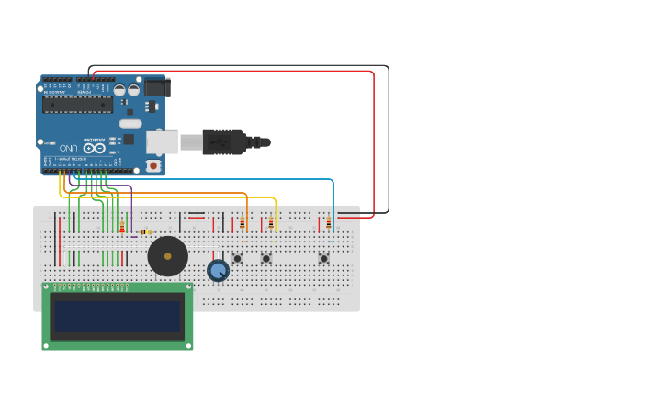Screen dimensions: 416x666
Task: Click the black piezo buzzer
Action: [167, 256]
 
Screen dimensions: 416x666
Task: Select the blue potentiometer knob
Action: [218, 270]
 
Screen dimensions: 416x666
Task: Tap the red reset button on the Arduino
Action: [152, 166]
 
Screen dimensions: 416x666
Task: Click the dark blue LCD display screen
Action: [118, 317]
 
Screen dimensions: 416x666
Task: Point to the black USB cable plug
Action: [226, 142]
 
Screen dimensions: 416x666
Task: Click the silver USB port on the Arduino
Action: [162, 142]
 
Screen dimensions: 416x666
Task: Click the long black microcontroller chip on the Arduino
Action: [77, 105]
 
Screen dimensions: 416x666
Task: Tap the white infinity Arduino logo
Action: [95, 148]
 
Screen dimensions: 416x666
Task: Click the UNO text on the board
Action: [69, 148]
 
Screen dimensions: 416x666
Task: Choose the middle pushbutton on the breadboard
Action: [266, 258]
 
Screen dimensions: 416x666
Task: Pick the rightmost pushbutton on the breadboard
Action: [323, 258]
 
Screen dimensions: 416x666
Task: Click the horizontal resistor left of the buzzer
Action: [144, 232]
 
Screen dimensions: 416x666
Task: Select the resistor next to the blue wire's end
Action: [328, 222]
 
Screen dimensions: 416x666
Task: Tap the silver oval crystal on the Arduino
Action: [130, 123]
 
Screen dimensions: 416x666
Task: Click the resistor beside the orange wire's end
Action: [242, 222]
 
